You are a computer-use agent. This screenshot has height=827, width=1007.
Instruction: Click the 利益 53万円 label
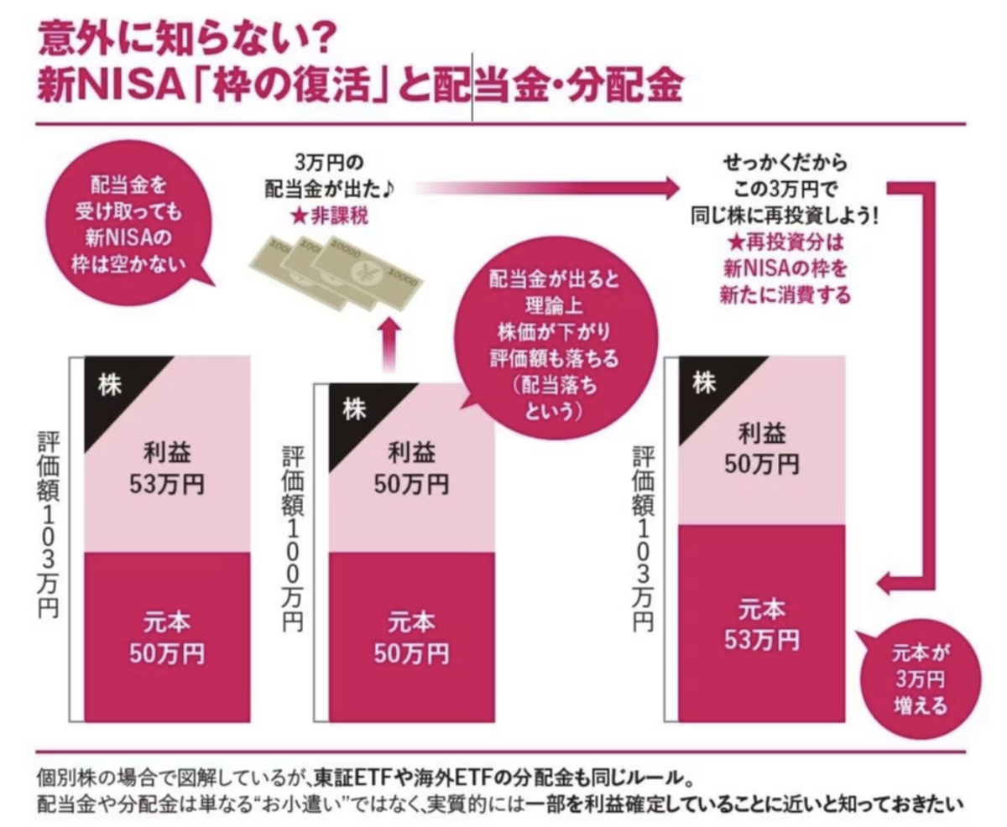(167, 470)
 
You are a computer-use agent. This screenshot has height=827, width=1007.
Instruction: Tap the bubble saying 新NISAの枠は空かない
(133, 226)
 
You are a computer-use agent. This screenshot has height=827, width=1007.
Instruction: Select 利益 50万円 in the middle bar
(412, 470)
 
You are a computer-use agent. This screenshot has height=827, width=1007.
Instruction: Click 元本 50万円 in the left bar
(167, 638)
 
